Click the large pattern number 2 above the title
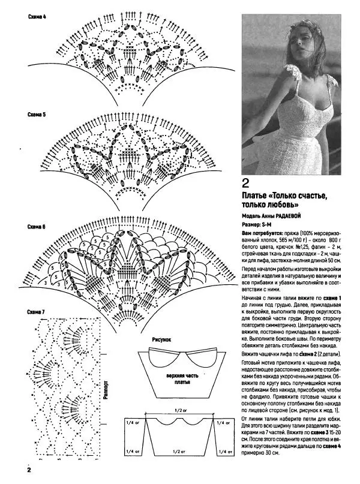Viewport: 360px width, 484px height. [245, 183]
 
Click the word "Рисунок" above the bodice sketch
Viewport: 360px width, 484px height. [162, 339]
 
